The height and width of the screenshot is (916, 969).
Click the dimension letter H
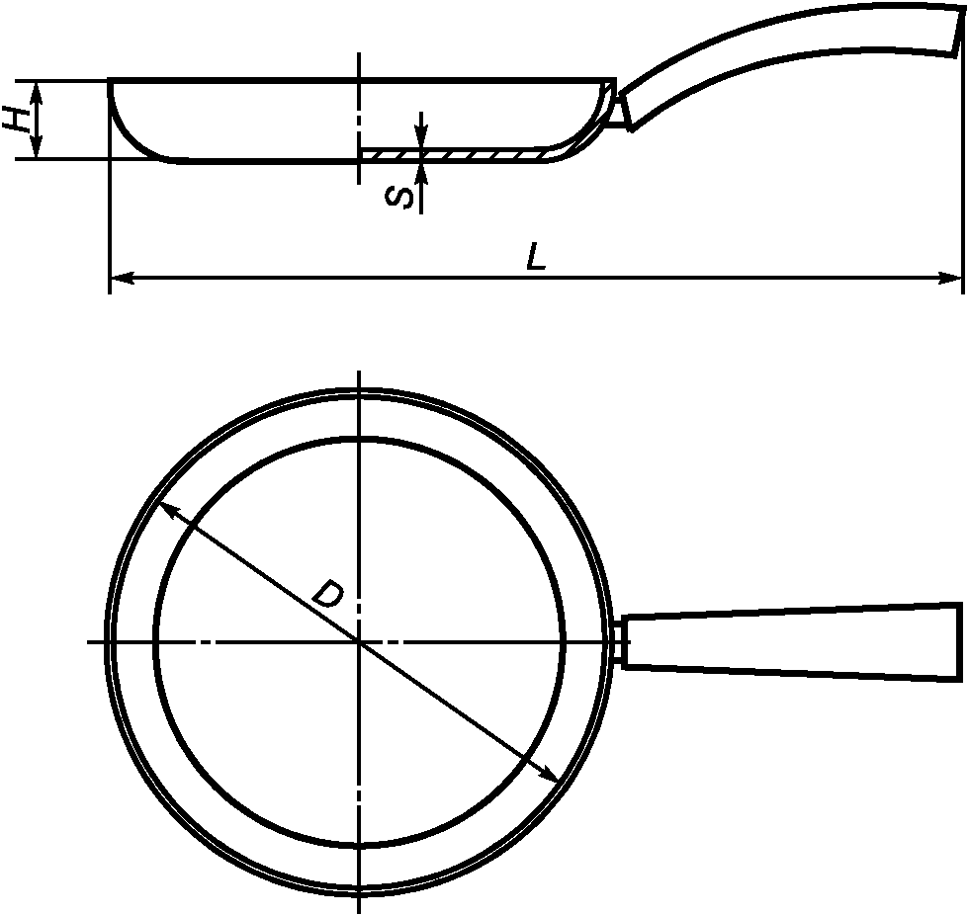coord(18,119)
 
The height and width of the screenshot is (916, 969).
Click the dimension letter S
coord(398,198)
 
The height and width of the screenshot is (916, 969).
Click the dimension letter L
coord(536,257)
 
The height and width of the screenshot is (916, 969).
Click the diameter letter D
coord(327,593)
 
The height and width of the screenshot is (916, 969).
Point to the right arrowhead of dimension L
coord(950,279)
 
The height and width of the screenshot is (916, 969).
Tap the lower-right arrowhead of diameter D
coord(548,774)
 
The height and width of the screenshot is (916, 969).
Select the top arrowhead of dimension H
coord(38,93)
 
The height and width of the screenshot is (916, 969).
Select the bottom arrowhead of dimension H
coord(38,147)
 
